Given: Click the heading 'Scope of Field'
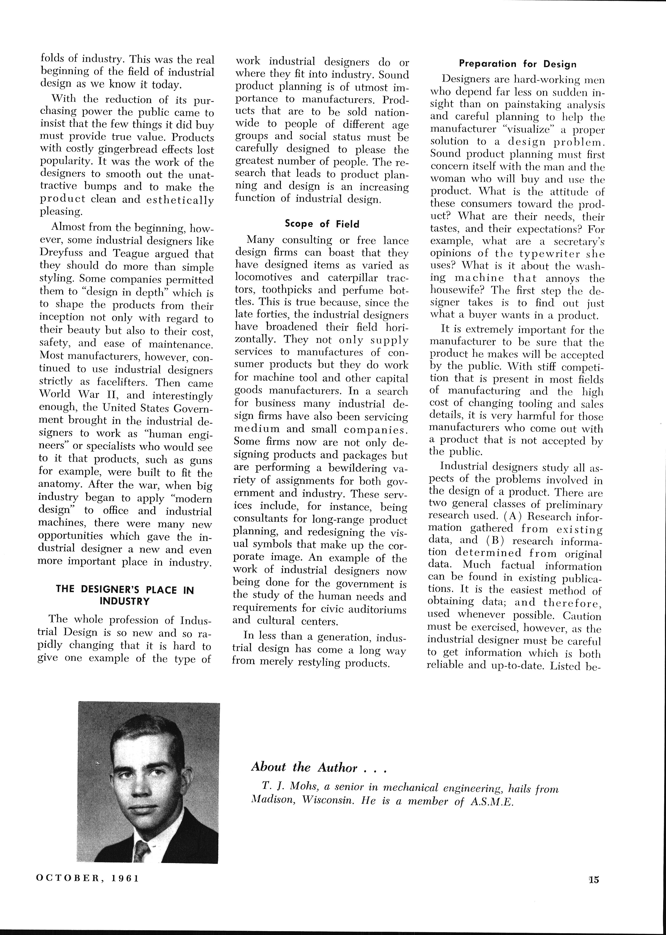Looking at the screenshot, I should click(x=322, y=224).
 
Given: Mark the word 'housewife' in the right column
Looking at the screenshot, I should click(x=458, y=291).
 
